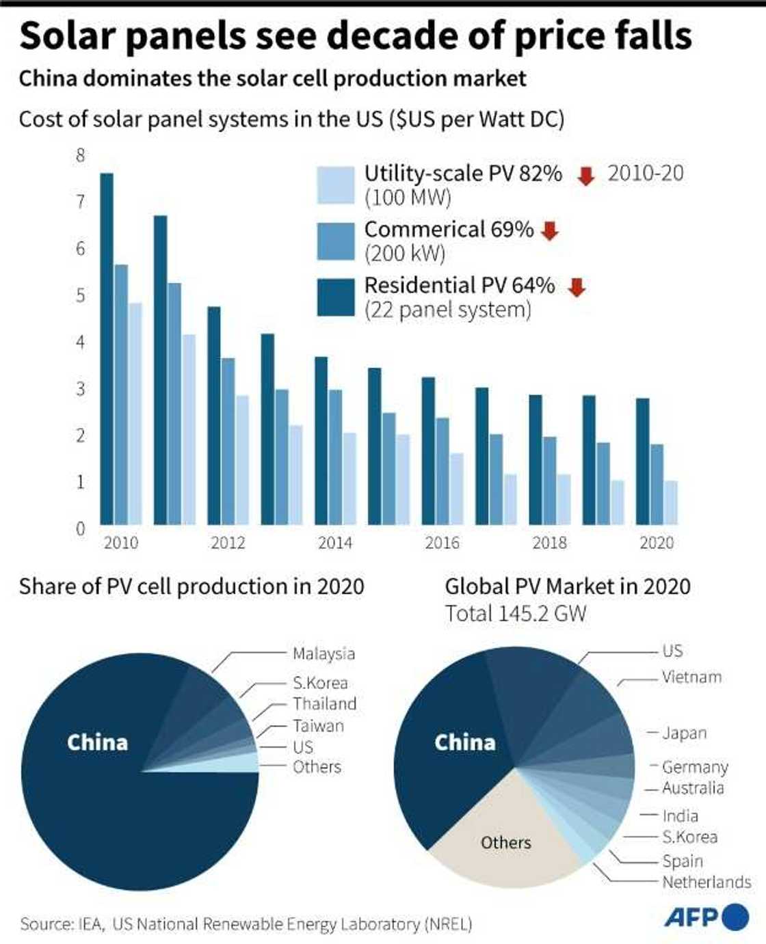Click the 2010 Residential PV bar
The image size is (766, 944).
107,349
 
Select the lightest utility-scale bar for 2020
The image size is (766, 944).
670,502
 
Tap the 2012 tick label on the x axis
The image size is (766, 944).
228,543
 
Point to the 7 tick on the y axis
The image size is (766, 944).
81,202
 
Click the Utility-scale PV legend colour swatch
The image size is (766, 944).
336,185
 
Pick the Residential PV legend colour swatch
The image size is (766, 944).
336,297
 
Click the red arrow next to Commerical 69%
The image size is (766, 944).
550,231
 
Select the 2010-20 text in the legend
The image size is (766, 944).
645,174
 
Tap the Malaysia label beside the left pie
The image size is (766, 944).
323,653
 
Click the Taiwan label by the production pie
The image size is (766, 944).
318,726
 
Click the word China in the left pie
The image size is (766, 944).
97,742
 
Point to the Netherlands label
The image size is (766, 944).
706,882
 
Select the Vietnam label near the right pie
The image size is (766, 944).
691,677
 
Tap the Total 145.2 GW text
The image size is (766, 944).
516,613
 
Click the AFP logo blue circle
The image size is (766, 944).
735,917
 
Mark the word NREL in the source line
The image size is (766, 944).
449,924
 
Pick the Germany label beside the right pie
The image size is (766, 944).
695,767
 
